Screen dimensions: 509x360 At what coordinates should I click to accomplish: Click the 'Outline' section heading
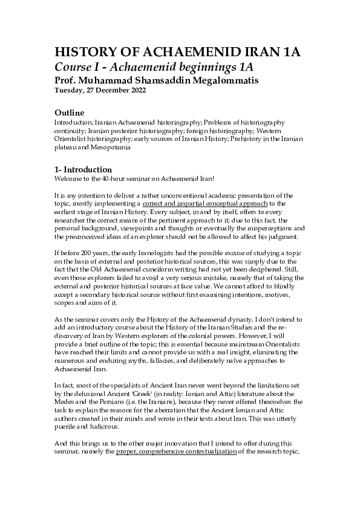pos(69,113)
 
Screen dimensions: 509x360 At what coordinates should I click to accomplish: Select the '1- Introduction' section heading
pos(83,169)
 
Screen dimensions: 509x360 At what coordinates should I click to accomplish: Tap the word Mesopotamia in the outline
pos(120,145)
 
